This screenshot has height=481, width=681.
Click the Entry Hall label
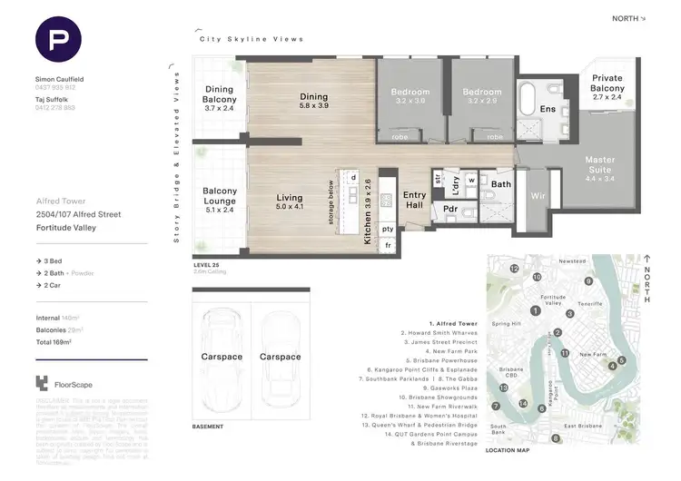click(414, 201)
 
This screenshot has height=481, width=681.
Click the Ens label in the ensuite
click(548, 109)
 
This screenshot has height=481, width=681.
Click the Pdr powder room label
click(449, 208)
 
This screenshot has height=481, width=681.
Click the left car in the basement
click(222, 357)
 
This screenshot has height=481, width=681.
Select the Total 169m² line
click(54, 342)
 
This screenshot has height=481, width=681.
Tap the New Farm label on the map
click(593, 354)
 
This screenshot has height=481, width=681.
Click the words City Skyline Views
click(252, 39)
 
